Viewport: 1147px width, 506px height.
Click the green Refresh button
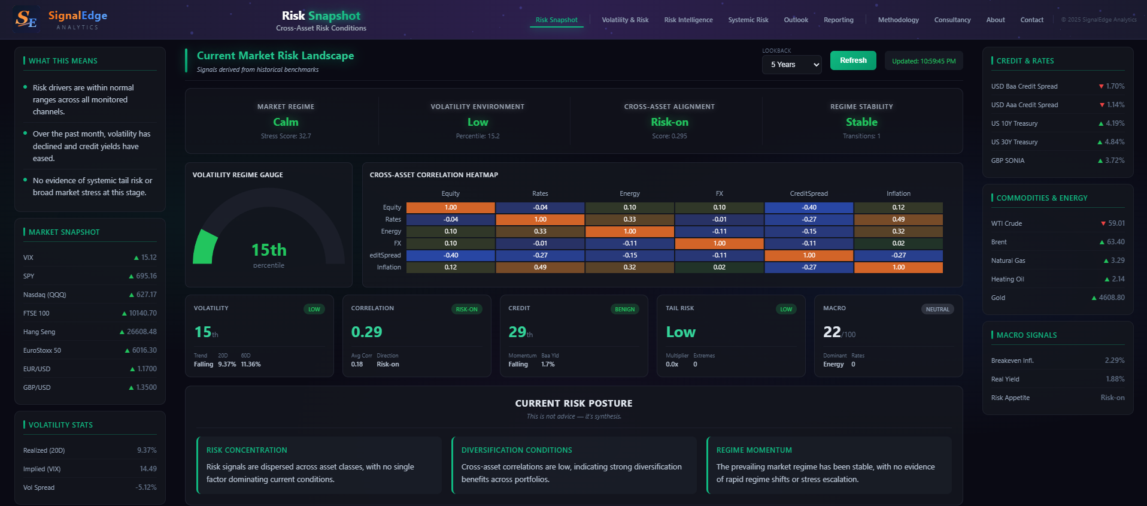pos(853,60)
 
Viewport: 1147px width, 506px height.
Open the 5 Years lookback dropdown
pos(791,65)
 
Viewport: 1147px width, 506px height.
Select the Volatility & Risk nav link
pos(625,20)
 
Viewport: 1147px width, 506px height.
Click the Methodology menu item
pos(898,20)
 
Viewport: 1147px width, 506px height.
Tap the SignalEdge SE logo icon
pos(26,19)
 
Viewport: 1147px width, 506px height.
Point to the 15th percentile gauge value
pos(269,250)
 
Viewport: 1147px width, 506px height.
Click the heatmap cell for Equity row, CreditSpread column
pos(809,208)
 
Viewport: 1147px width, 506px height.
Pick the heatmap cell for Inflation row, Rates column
pos(540,268)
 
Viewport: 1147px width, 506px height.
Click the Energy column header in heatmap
pos(629,193)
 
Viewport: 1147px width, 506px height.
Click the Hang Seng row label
pos(40,332)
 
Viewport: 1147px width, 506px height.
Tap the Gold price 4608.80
pos(1111,298)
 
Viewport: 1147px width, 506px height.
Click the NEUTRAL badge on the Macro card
pos(937,310)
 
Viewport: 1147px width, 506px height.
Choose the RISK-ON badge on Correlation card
pos(466,310)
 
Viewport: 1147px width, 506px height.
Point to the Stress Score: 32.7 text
pos(286,136)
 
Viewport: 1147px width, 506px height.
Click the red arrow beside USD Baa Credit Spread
pos(1101,86)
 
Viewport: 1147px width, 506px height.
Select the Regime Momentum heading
pos(754,450)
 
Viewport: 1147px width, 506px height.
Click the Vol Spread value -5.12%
pos(145,487)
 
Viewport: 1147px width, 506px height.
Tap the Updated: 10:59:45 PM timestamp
pos(924,61)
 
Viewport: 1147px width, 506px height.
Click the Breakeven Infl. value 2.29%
pos(1114,360)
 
